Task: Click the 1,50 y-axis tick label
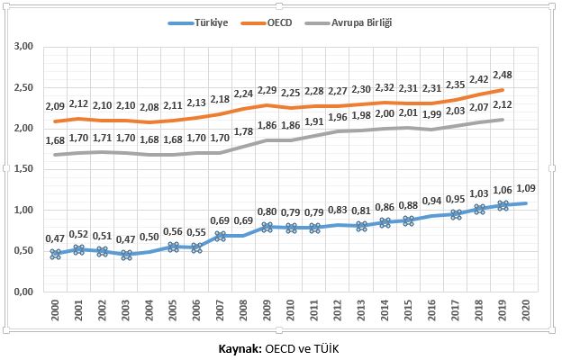(x=24, y=169)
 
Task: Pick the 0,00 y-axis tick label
(x=24, y=292)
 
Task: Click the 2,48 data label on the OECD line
(x=503, y=74)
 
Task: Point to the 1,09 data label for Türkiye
(x=526, y=188)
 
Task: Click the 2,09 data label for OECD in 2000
(x=56, y=106)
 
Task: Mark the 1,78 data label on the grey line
(x=244, y=131)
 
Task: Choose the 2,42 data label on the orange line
(x=479, y=79)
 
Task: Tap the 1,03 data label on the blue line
(x=479, y=193)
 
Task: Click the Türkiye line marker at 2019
(x=503, y=205)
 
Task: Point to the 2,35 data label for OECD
(x=456, y=85)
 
